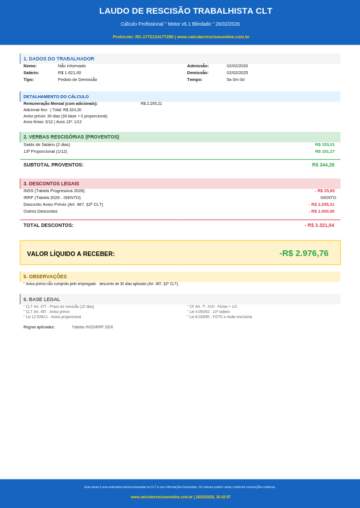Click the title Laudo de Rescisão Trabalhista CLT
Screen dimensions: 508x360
coord(186,11)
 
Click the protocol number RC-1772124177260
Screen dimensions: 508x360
coord(154,36)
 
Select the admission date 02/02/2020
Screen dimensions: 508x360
coord(237,66)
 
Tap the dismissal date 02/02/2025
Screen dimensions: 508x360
coord(237,73)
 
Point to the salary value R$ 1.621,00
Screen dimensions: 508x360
coord(69,73)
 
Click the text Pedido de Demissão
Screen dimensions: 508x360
coord(77,80)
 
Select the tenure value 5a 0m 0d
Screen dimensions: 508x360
coord(235,80)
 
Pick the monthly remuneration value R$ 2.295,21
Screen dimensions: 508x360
coord(151,104)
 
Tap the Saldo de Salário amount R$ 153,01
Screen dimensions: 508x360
coord(325,145)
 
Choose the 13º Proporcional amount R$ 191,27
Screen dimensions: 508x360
coord(325,152)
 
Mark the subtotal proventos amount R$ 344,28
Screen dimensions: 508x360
coord(323,165)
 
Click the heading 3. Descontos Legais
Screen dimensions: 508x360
coord(51,184)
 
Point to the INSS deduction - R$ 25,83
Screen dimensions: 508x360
coord(325,191)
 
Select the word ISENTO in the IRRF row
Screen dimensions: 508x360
coord(328,198)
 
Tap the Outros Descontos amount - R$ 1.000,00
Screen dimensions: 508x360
coord(321,212)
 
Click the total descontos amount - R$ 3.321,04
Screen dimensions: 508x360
coord(319,225)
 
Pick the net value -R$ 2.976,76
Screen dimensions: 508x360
coord(304,253)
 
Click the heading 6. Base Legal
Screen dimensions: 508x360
coord(42,299)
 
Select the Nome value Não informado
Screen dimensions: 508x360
coord(72,66)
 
